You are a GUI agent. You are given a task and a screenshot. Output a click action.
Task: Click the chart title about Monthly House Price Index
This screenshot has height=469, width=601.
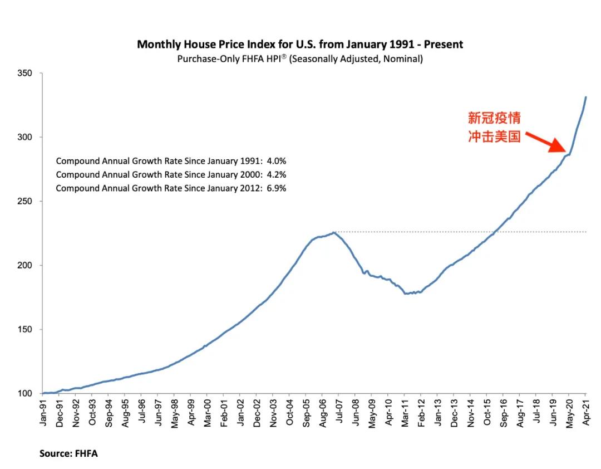300,44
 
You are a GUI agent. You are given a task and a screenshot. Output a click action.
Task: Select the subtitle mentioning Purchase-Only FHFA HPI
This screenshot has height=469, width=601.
300,58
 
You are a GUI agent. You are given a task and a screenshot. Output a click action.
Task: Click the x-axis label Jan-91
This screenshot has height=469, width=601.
43,413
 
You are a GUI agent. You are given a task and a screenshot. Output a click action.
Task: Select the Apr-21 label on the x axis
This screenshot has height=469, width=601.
585,413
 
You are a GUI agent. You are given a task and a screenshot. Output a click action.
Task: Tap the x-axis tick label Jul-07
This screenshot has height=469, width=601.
339,413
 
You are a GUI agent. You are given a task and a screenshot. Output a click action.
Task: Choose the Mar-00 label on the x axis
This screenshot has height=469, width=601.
208,413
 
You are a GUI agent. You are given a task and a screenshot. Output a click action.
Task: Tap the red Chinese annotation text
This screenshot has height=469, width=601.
494,128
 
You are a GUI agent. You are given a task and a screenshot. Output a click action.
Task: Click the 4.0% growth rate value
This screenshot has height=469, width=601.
277,161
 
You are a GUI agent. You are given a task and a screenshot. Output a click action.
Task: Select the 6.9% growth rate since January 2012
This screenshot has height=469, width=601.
277,188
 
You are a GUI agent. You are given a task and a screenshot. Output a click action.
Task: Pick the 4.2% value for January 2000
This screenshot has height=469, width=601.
277,175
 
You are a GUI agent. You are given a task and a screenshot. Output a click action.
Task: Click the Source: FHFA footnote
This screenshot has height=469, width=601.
68,453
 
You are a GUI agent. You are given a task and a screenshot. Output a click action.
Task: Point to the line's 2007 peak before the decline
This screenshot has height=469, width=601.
333,232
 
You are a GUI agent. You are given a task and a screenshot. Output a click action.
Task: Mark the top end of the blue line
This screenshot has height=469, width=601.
585,97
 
